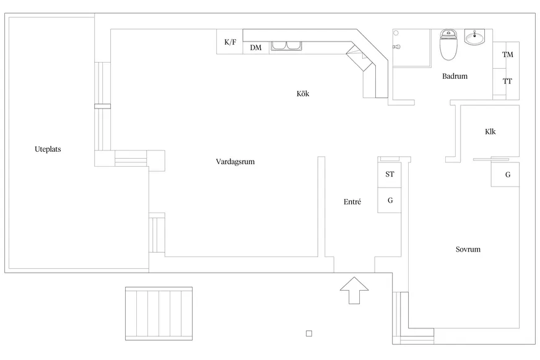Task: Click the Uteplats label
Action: click(48, 149)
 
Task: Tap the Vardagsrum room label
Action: click(235, 162)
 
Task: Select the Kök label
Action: click(303, 94)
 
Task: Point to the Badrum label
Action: click(455, 77)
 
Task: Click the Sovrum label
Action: click(468, 250)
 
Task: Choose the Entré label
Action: click(352, 202)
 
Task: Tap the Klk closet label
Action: click(490, 131)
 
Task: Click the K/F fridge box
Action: click(230, 42)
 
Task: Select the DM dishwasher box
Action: click(255, 48)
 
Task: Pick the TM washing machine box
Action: click(507, 55)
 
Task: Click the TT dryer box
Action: click(507, 81)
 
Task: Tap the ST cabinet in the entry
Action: click(390, 175)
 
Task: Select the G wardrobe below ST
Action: click(390, 200)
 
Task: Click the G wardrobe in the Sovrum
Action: click(507, 175)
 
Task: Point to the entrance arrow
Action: click(354, 290)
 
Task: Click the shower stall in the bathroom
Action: click(412, 47)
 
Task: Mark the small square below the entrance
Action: click(309, 333)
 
